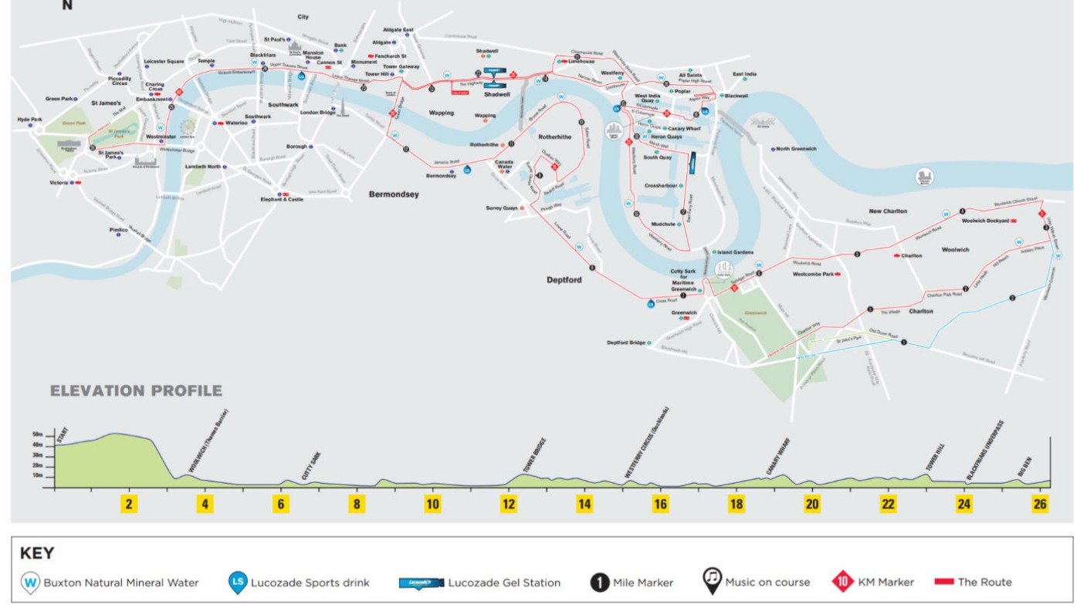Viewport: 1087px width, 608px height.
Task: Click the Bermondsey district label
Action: tap(394, 194)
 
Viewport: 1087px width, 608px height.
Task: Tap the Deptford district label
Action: tap(564, 280)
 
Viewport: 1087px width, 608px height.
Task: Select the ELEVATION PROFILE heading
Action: tap(136, 391)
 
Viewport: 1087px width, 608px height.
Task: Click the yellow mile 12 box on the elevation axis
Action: tap(509, 504)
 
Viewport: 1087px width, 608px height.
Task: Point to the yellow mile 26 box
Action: tap(1040, 504)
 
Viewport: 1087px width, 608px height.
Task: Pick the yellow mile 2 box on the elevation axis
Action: tap(129, 504)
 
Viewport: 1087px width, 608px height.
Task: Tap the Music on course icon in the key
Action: tap(712, 581)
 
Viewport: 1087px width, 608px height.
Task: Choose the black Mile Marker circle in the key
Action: tap(600, 582)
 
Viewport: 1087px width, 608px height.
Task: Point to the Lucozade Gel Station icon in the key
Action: tap(422, 583)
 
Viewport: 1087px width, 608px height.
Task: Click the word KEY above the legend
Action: tap(36, 554)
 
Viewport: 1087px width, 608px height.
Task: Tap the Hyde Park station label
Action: tap(29, 120)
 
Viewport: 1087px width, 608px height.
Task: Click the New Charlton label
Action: tap(888, 211)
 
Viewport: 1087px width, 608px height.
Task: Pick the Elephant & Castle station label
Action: tap(281, 199)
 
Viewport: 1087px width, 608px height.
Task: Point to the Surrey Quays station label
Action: tap(502, 208)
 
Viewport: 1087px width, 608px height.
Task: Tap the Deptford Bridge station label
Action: tap(625, 343)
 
